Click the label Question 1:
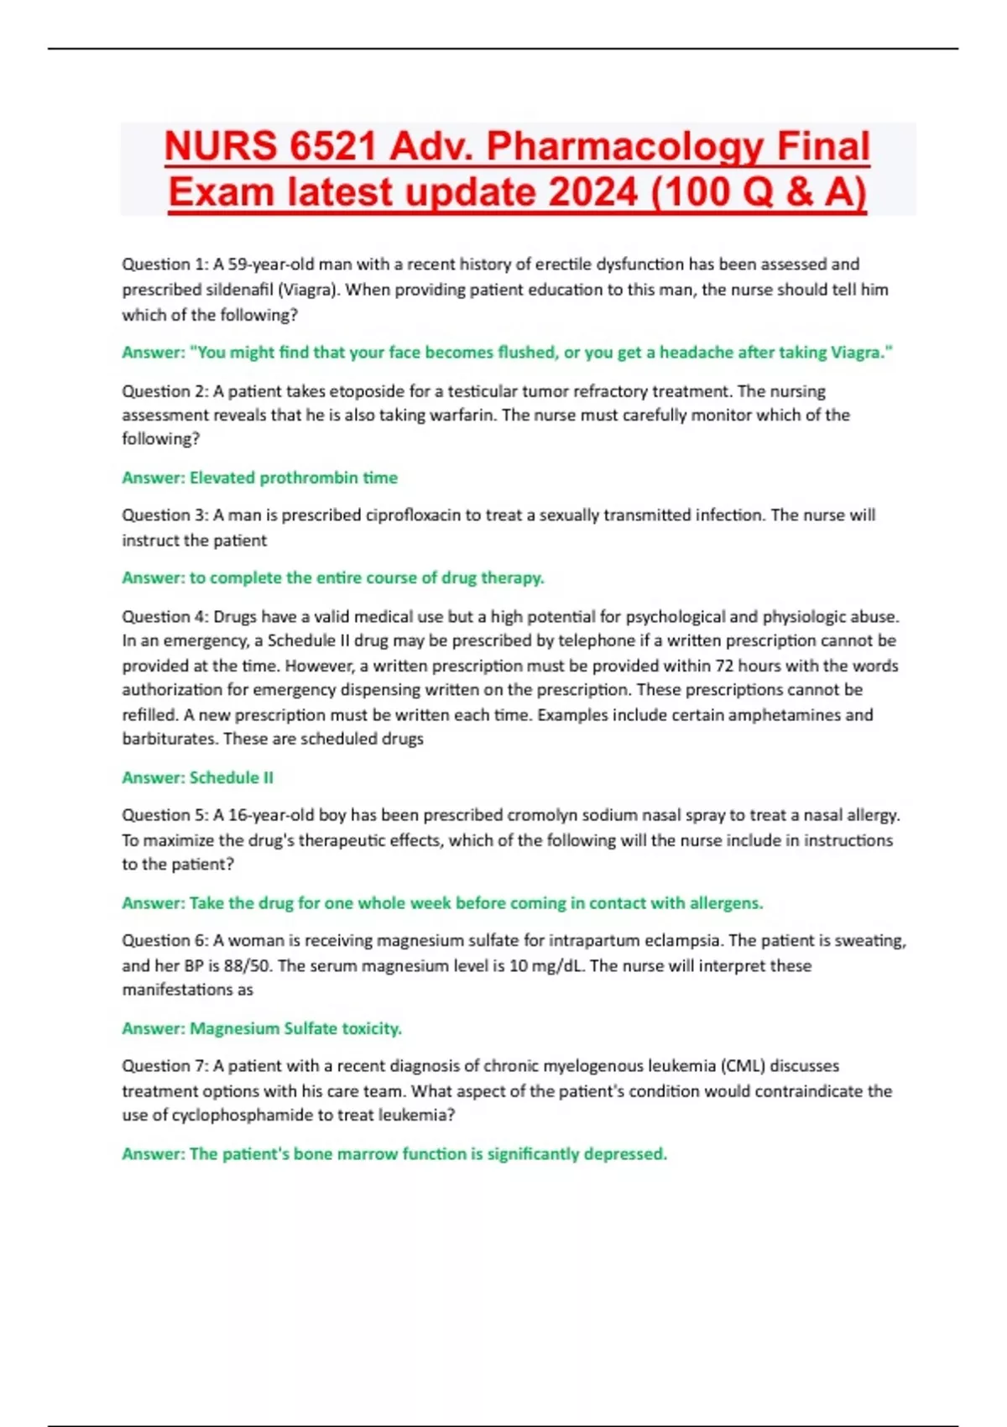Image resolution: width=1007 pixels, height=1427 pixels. pos(164,264)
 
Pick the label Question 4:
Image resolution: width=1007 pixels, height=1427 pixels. pos(164,617)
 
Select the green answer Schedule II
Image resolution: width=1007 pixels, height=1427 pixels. pos(231,778)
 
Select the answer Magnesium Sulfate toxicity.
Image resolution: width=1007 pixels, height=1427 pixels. pos(295,1028)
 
